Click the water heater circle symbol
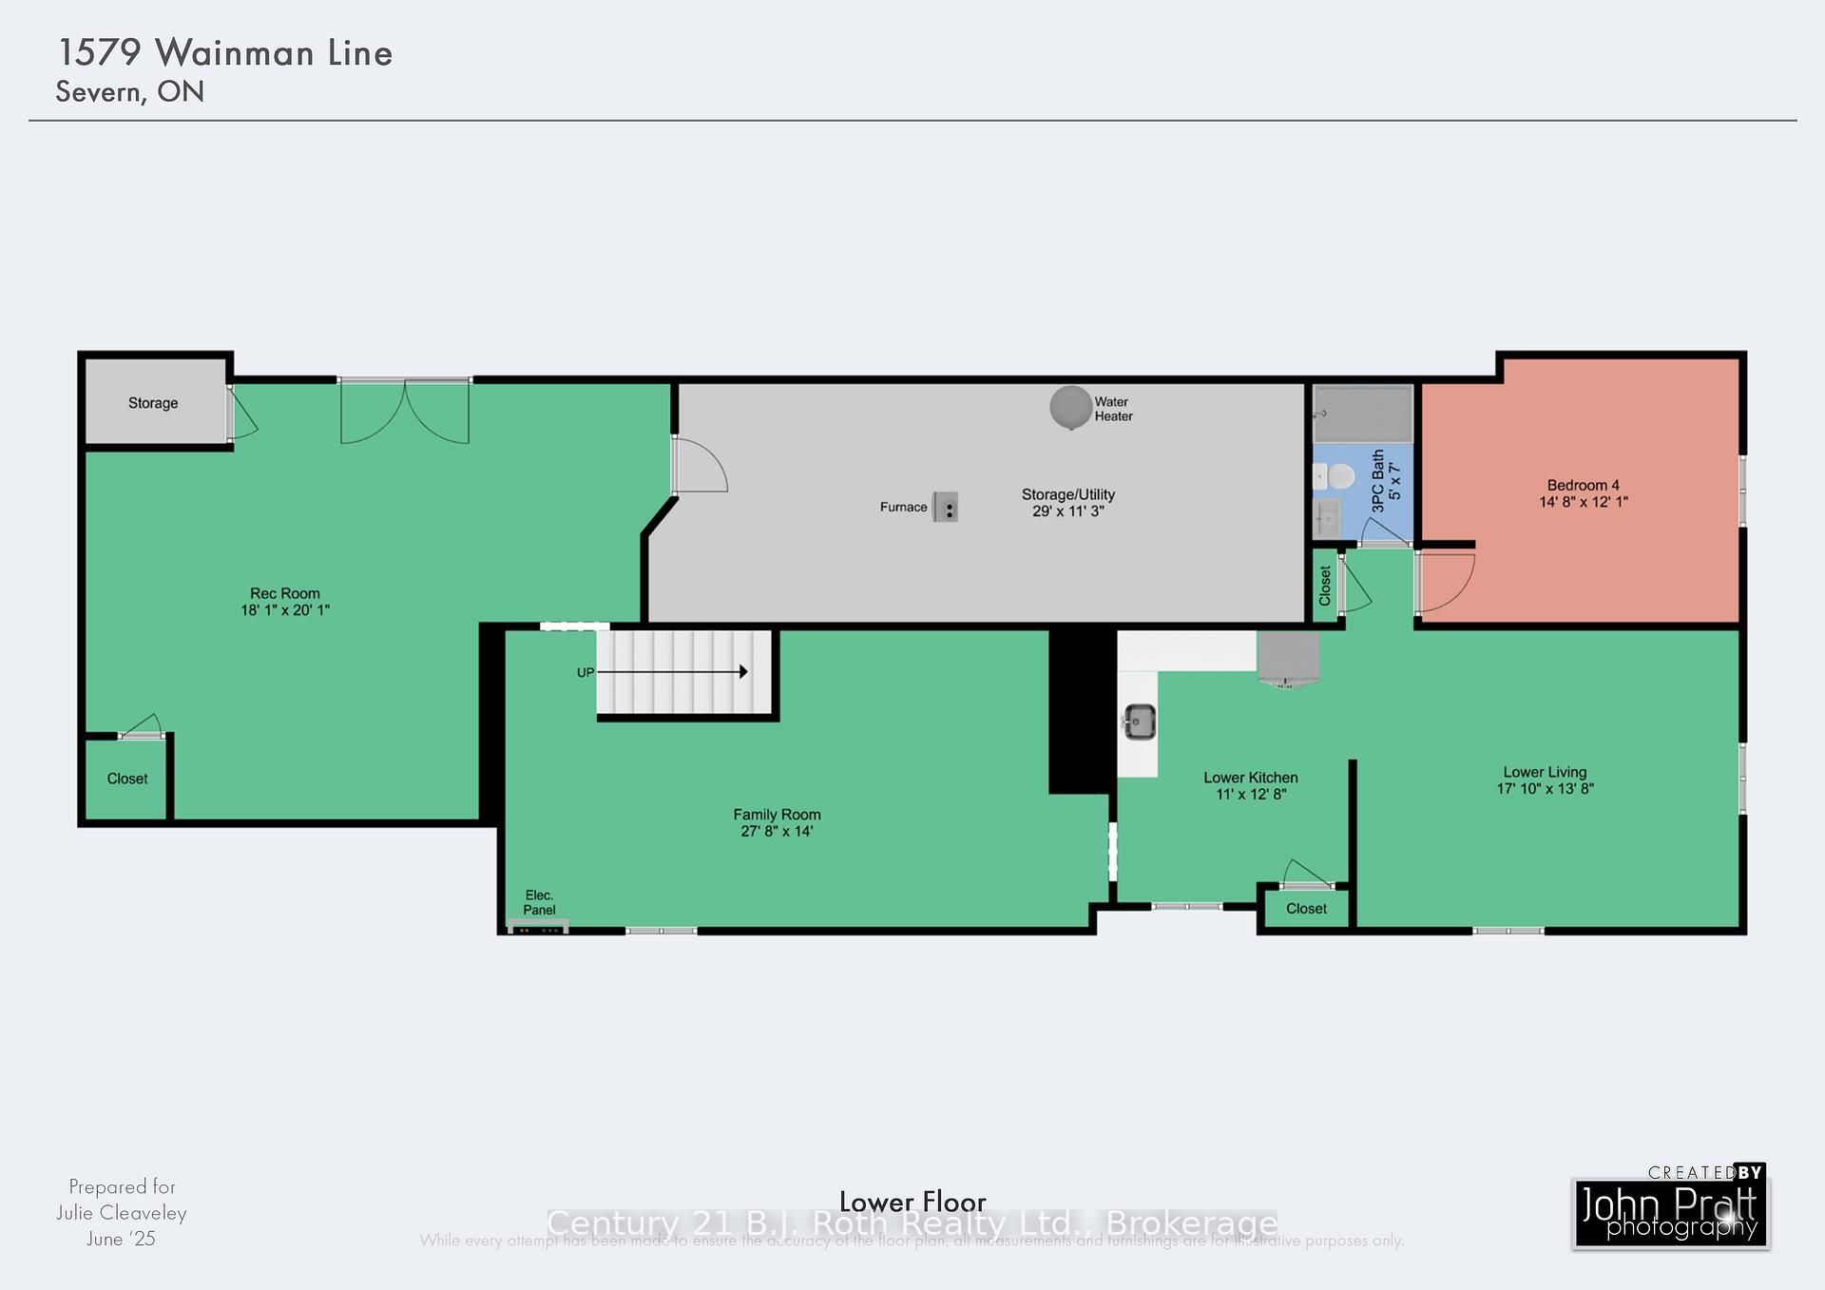pyautogui.click(x=1070, y=407)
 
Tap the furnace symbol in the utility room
pyautogui.click(x=945, y=507)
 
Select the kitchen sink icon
pyautogui.click(x=1140, y=722)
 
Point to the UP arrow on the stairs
pyautogui.click(x=671, y=672)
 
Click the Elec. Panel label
pyautogui.click(x=539, y=902)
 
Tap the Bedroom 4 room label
pyautogui.click(x=1583, y=485)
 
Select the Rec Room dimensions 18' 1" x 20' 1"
pyautogui.click(x=285, y=610)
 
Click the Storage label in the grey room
pyautogui.click(x=153, y=403)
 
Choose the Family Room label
pyautogui.click(x=777, y=815)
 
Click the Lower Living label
pyautogui.click(x=1545, y=772)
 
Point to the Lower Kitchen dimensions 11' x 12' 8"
pyautogui.click(x=1251, y=794)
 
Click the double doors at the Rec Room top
pyautogui.click(x=405, y=411)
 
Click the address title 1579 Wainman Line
pyautogui.click(x=225, y=53)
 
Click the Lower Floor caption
pyautogui.click(x=912, y=1202)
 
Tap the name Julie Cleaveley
pyautogui.click(x=121, y=1213)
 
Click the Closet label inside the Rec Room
pyautogui.click(x=127, y=779)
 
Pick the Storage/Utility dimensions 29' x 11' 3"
pyautogui.click(x=1068, y=511)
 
